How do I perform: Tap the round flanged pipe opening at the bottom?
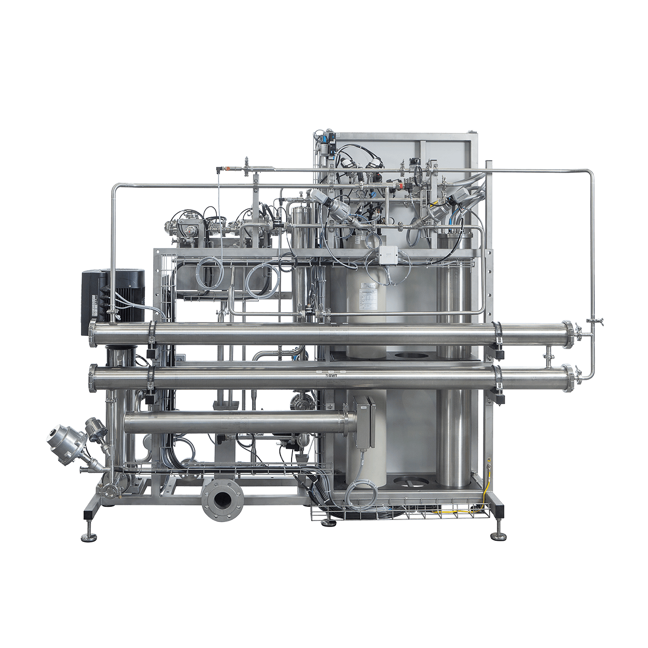click(x=221, y=501)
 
